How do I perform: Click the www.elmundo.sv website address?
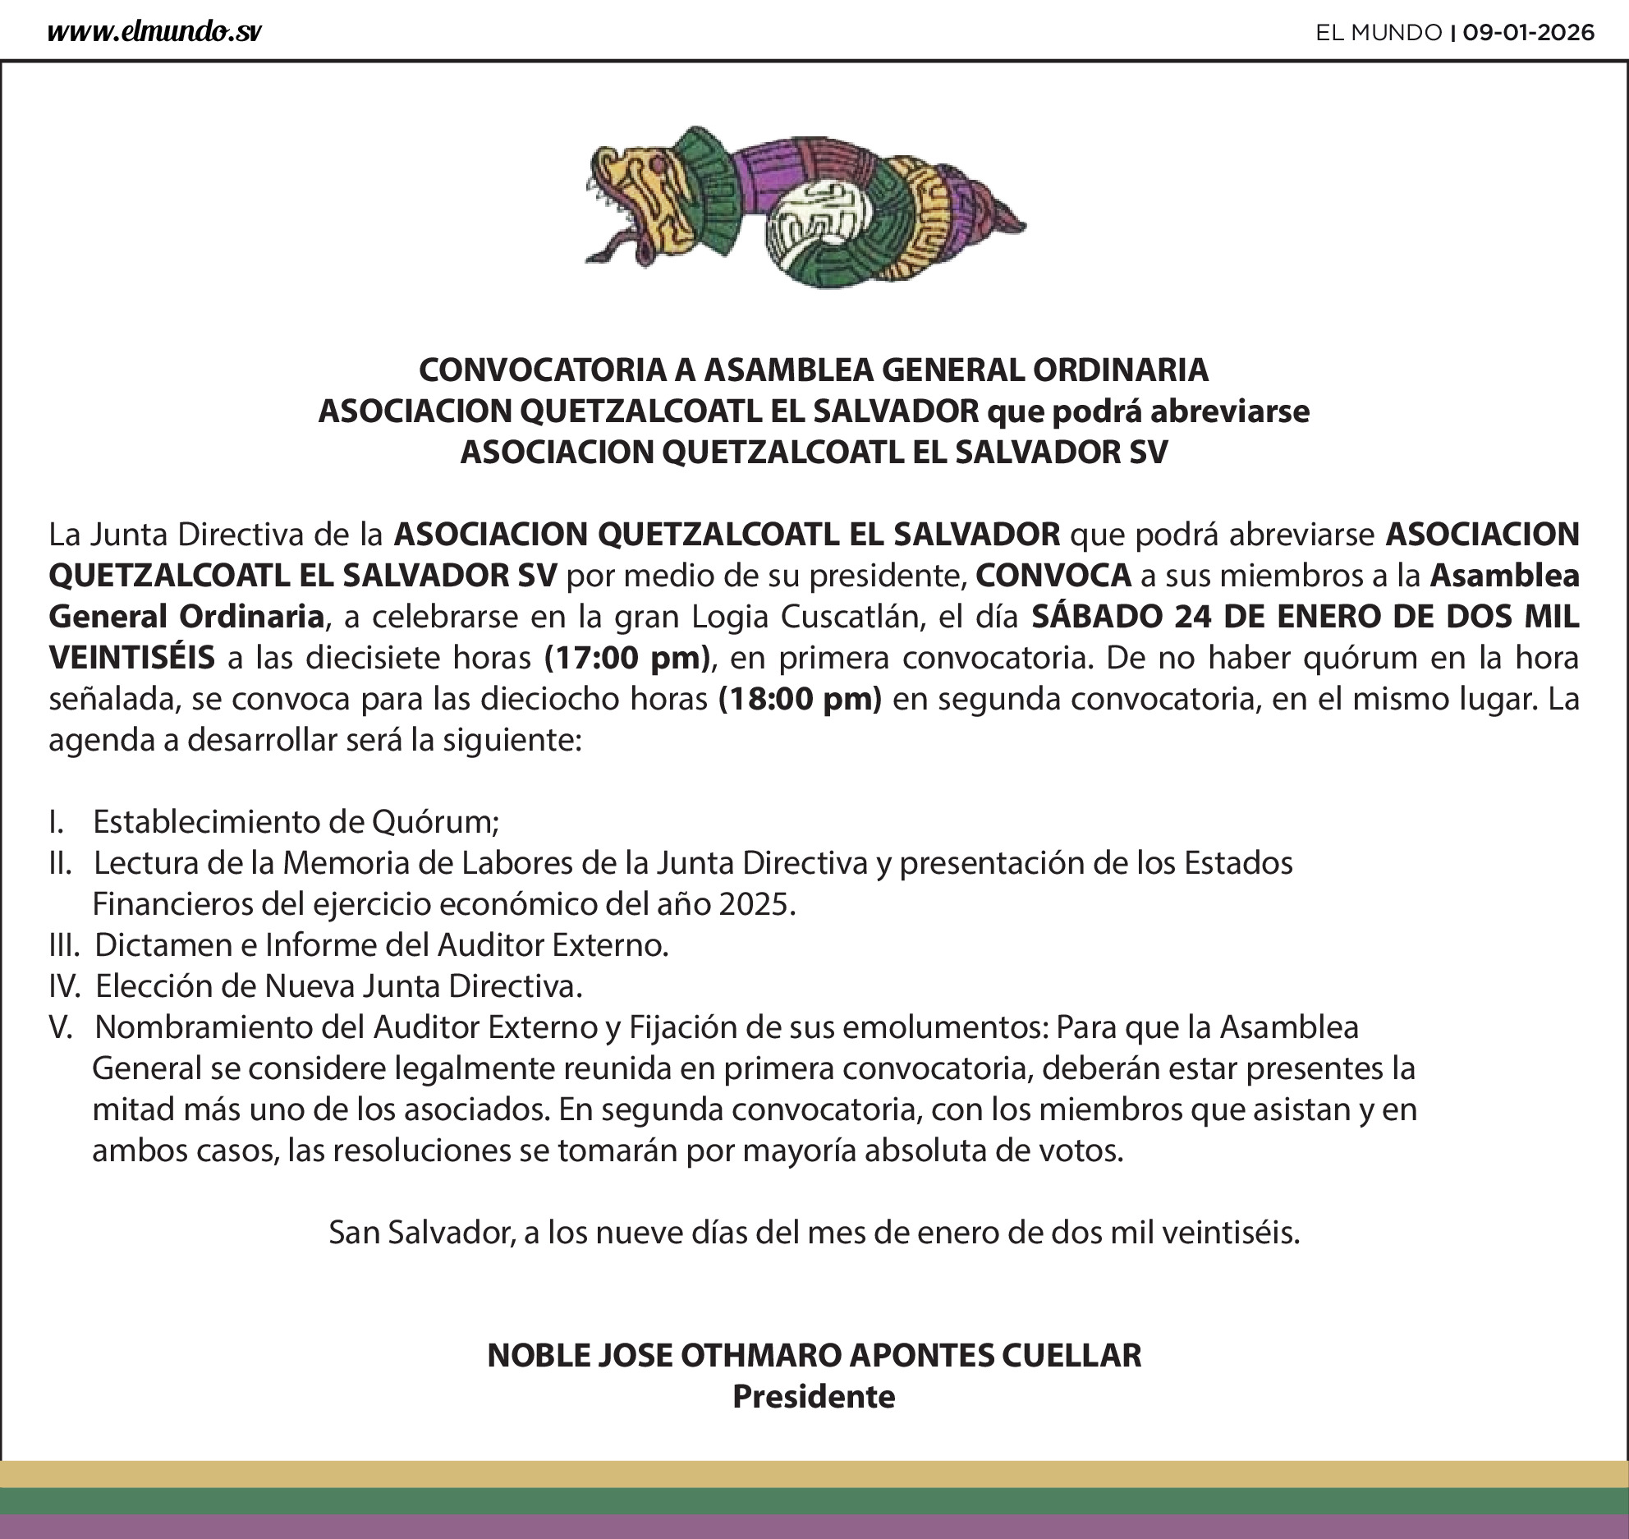point(154,32)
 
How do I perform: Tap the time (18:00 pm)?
point(800,699)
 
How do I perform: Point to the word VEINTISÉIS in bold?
point(132,658)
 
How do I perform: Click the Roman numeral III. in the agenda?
point(64,945)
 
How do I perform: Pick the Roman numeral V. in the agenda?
point(61,1027)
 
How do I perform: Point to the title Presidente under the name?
point(814,1396)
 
